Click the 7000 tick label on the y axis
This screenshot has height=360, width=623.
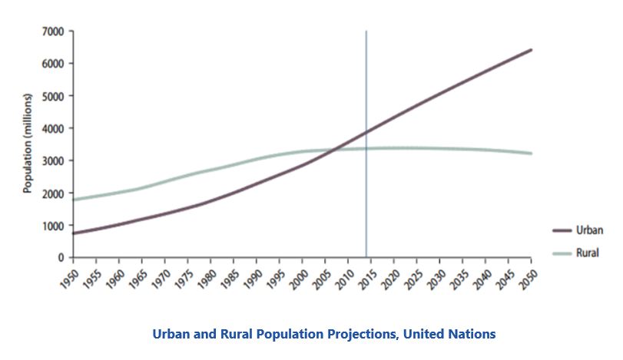point(52,31)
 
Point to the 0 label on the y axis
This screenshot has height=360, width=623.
point(61,258)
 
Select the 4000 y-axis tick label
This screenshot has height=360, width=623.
point(52,129)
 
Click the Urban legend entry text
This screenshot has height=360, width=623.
point(590,230)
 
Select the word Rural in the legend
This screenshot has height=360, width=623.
point(587,253)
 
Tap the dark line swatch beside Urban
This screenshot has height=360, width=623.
point(562,230)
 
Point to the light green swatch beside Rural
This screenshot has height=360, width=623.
point(562,253)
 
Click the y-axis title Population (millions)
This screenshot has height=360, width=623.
point(27,144)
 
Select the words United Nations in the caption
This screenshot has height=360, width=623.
point(449,333)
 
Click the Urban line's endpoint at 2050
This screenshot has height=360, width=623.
point(531,50)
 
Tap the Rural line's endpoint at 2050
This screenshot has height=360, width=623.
point(531,154)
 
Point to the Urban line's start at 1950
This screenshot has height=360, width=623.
point(74,233)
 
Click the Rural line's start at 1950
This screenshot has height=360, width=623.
point(74,200)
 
